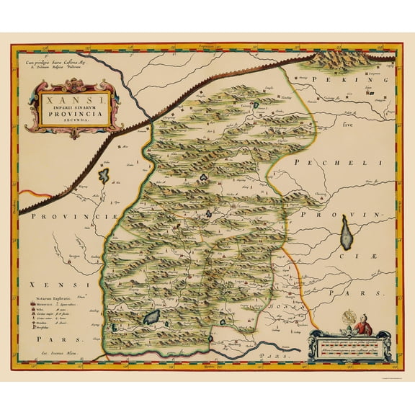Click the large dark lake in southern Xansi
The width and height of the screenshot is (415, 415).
[x=153, y=316]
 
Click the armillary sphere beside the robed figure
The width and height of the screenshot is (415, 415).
[x=343, y=319]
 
